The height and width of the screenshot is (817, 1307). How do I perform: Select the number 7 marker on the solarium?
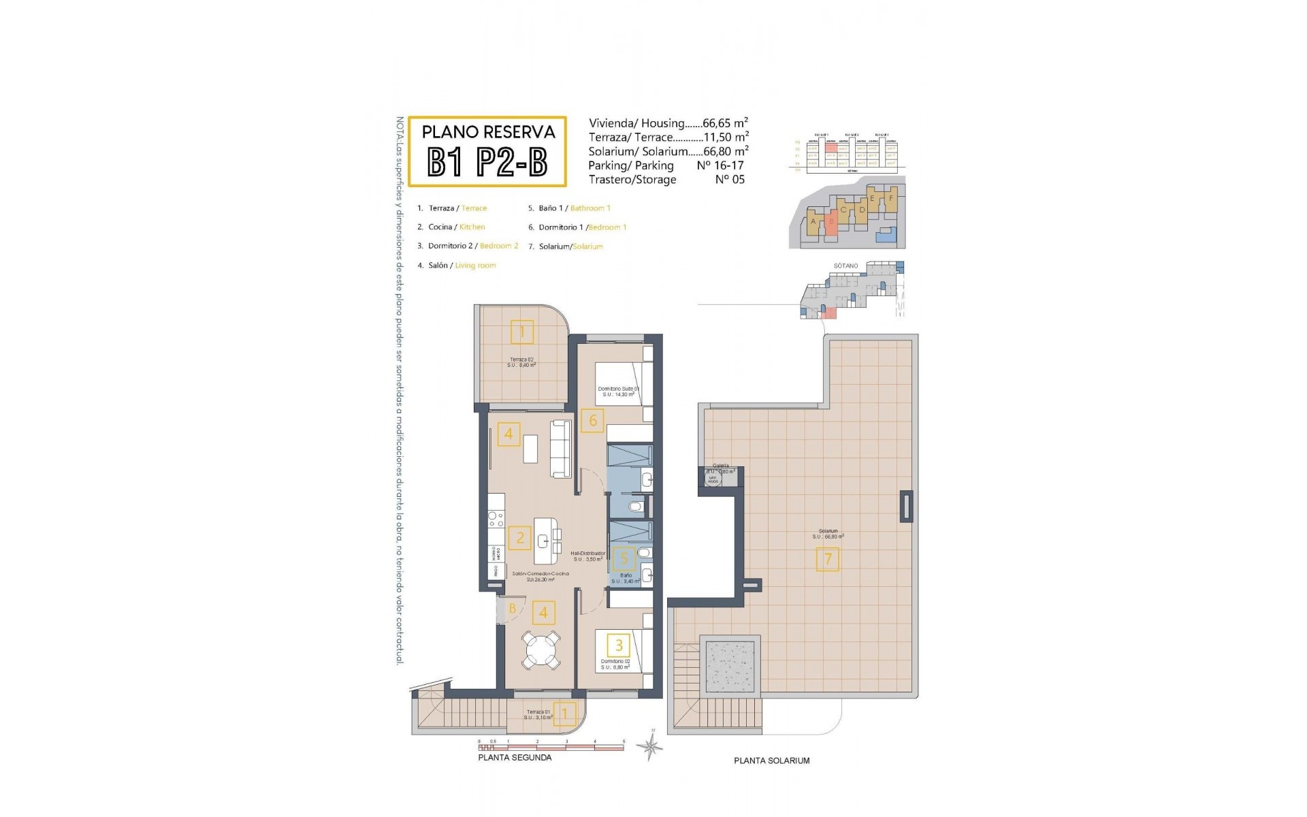click(x=828, y=560)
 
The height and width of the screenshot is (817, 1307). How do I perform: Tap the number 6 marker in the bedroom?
click(x=592, y=421)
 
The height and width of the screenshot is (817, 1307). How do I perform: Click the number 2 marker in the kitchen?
click(x=520, y=539)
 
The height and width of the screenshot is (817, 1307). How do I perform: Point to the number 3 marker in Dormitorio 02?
click(x=619, y=645)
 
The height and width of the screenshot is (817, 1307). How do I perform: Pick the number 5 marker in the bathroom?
click(x=624, y=559)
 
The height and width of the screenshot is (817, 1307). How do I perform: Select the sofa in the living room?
click(x=560, y=449)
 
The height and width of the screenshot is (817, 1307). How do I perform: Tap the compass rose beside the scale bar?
click(x=650, y=748)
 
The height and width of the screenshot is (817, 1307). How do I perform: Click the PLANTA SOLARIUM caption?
click(x=771, y=760)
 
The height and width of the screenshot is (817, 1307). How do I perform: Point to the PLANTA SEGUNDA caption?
click(x=515, y=757)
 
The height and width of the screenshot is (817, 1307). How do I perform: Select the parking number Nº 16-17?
click(x=720, y=165)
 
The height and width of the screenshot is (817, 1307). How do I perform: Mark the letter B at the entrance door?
click(x=513, y=608)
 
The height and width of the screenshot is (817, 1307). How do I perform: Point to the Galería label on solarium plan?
click(x=720, y=466)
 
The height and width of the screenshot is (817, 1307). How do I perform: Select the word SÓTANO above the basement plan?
click(x=845, y=266)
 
